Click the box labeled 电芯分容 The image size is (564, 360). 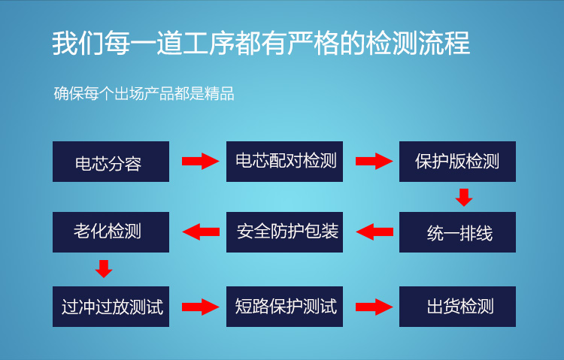111,162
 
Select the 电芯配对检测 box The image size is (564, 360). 284,162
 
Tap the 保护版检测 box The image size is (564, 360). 457,162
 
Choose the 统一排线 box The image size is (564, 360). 457,232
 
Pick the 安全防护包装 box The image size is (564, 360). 284,232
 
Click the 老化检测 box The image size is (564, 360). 111,232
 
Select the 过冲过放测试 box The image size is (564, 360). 111,307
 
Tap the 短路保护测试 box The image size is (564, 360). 284,307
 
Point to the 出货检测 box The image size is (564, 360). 457,307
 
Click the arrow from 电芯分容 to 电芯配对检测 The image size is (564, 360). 200,161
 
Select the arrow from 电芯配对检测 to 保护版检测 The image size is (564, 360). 374,161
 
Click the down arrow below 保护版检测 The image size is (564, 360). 464,198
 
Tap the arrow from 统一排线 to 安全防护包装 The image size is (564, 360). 374,232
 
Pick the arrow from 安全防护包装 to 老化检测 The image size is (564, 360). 201,232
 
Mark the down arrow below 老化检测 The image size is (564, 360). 104,269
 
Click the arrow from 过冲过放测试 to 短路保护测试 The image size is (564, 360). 200,307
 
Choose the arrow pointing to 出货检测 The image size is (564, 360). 374,307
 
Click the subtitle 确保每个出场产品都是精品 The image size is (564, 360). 144,93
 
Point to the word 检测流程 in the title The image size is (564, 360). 417,43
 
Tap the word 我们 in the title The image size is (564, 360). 78,43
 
